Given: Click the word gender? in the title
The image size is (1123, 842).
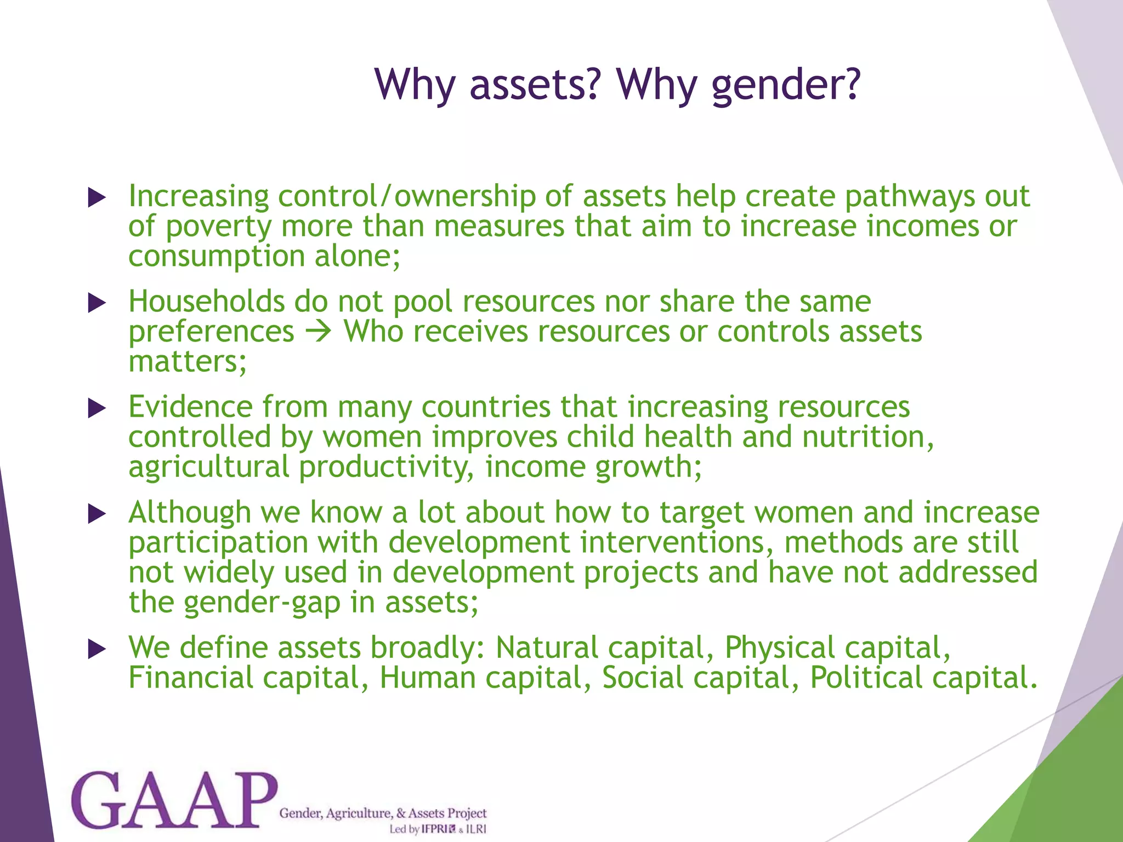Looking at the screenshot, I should [x=785, y=85].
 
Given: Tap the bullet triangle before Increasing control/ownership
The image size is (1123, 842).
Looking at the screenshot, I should [x=97, y=198].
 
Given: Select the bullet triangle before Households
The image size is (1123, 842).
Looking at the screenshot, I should [x=97, y=303].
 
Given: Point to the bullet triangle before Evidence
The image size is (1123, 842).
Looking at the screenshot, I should [x=97, y=408].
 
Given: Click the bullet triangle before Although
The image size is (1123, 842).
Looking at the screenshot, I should [x=97, y=514].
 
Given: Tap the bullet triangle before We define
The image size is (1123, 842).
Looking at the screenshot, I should [x=97, y=649].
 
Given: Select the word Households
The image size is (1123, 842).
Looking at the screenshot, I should [x=206, y=301].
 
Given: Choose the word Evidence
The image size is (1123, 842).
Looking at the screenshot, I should [x=190, y=407].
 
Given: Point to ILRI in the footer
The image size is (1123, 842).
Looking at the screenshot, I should [x=476, y=829].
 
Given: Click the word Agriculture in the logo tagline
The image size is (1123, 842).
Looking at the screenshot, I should [x=359, y=813].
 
